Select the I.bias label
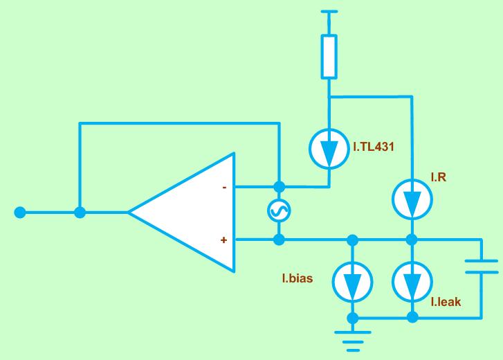coord(298,280)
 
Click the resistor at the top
coord(329,57)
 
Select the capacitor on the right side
coord(481,267)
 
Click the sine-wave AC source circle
coord(280,213)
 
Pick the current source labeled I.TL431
coord(329,149)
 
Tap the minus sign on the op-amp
coord(224,187)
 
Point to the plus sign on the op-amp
coord(223,240)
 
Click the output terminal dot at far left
coord(21,213)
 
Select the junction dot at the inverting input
coord(280,187)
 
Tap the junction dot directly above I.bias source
coord(353,240)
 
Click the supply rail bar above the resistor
coord(329,12)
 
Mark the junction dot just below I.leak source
coord(412,318)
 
